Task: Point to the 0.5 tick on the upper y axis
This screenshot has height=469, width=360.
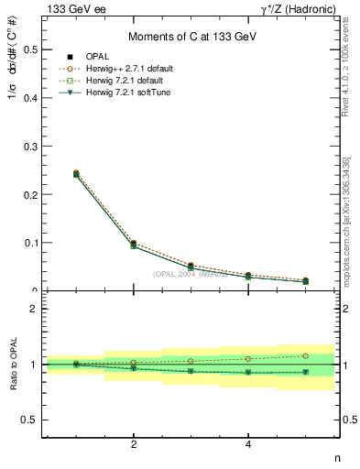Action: tap(28, 49)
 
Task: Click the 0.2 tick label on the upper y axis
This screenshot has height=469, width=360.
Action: tap(28, 194)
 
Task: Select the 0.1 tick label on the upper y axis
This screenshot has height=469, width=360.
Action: tap(28, 243)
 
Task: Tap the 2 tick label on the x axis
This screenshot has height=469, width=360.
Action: tap(134, 444)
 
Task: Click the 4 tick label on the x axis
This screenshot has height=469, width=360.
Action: tap(248, 444)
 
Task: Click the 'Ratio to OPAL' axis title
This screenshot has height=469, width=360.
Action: tap(12, 365)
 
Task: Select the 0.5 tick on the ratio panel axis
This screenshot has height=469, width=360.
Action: tap(28, 420)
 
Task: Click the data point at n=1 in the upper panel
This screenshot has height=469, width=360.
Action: tap(76, 173)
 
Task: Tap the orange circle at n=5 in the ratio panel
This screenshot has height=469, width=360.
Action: tap(305, 355)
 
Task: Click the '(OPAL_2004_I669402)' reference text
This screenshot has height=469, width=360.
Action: tap(190, 273)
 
